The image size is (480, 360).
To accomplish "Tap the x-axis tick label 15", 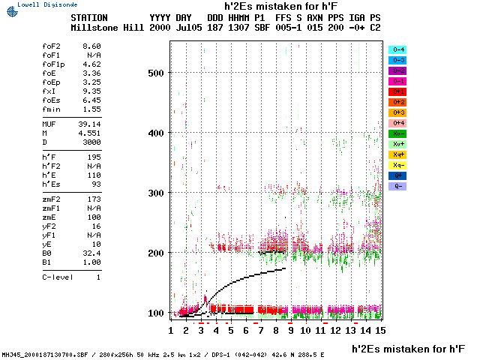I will click(x=380, y=330).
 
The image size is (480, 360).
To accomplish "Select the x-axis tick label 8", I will click(x=275, y=330).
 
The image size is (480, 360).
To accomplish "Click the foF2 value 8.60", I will click(x=90, y=46).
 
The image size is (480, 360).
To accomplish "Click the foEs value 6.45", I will click(x=90, y=100).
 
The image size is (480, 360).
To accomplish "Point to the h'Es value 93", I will click(x=94, y=184).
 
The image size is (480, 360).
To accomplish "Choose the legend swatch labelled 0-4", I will click(x=397, y=49).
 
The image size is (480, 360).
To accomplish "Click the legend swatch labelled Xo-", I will click(x=397, y=133).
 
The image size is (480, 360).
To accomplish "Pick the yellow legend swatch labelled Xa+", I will click(x=397, y=154).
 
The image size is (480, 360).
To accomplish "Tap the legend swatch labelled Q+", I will click(x=397, y=175).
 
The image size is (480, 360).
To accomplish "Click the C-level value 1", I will click(x=97, y=277).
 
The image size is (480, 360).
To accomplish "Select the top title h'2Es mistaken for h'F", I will click(x=282, y=5).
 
